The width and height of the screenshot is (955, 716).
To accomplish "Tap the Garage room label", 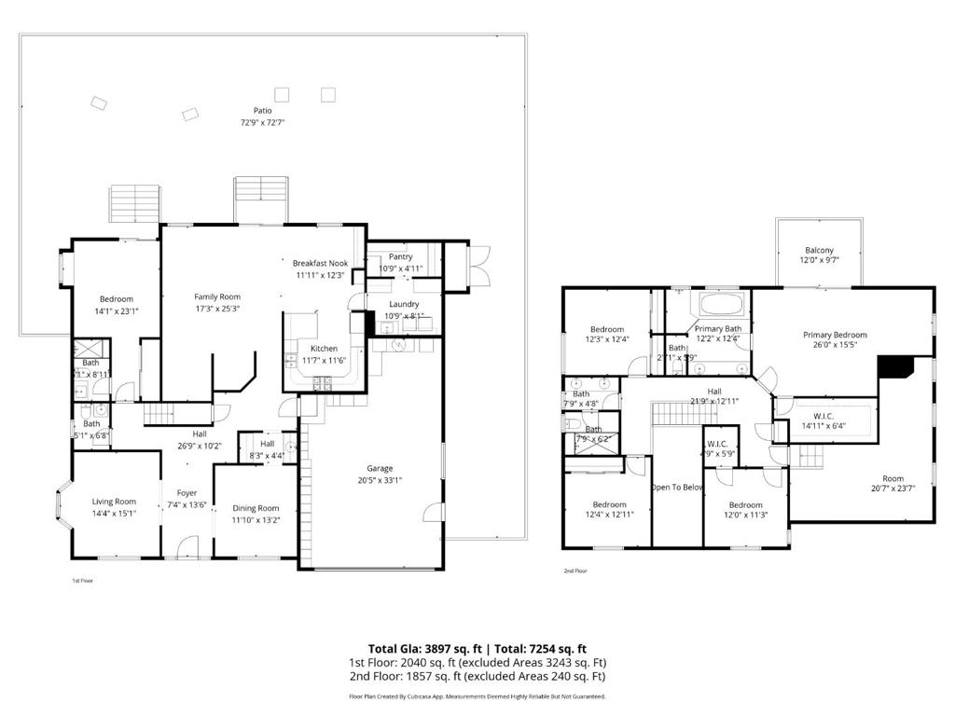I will pyautogui.click(x=380, y=468).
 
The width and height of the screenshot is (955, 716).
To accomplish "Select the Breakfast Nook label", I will pyautogui.click(x=320, y=263).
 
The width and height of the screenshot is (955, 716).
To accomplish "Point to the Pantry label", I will pyautogui.click(x=400, y=256).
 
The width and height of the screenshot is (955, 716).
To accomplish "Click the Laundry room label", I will pyautogui.click(x=403, y=304).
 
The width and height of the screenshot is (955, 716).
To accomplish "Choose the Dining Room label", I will pyautogui.click(x=256, y=508).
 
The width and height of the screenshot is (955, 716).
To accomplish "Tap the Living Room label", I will pyautogui.click(x=114, y=502).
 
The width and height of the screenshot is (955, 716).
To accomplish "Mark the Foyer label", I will pyautogui.click(x=187, y=493).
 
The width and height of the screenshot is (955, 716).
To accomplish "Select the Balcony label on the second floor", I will pyautogui.click(x=819, y=250).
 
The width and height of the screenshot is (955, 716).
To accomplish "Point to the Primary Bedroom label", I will pyautogui.click(x=835, y=335).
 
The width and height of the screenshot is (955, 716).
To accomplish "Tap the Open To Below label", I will pyautogui.click(x=677, y=488).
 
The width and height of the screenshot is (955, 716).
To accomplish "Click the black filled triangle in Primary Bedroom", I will pyautogui.click(x=896, y=367).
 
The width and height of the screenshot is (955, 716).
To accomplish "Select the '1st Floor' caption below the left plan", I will pyautogui.click(x=83, y=580).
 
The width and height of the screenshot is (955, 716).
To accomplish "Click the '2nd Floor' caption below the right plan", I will pyautogui.click(x=575, y=571).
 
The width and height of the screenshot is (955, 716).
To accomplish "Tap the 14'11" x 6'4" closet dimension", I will pyautogui.click(x=824, y=426).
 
